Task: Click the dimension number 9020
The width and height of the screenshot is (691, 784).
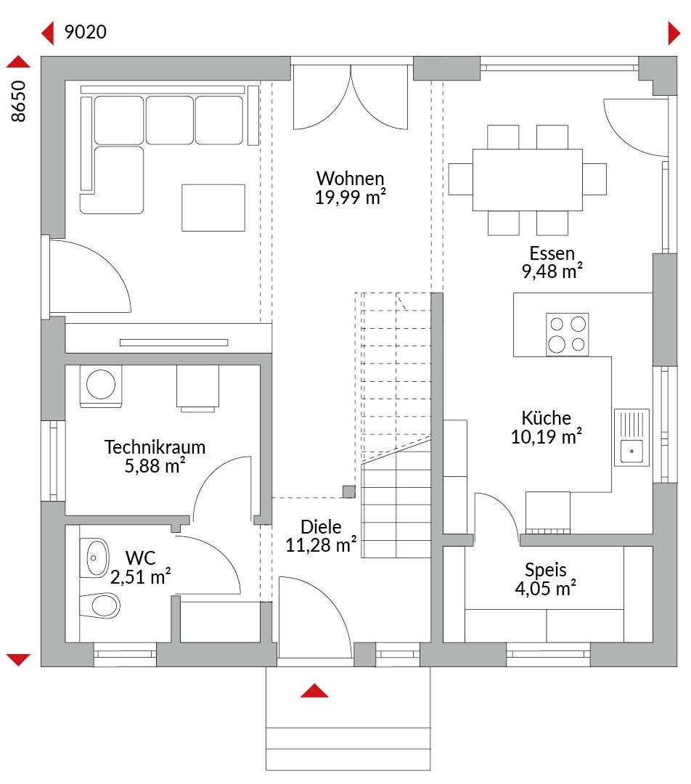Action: pyautogui.click(x=86, y=32)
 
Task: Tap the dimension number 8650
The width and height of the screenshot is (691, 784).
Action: pyautogui.click(x=18, y=101)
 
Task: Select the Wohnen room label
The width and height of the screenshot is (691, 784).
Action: pyautogui.click(x=350, y=178)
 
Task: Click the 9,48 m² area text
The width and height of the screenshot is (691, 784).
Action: pyautogui.click(x=552, y=271)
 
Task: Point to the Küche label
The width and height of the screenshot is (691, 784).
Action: pyautogui.click(x=546, y=417)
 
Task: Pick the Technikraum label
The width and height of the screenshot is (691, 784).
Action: pyautogui.click(x=155, y=447)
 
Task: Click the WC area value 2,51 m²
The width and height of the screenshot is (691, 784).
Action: pyautogui.click(x=141, y=576)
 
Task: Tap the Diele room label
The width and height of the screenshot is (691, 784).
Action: pyautogui.click(x=321, y=526)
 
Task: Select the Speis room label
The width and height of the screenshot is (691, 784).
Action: pyautogui.click(x=546, y=570)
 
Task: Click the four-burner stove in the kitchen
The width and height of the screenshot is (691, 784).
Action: pyautogui.click(x=567, y=335)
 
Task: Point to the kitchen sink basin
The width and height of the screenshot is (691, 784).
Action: pyautogui.click(x=631, y=452)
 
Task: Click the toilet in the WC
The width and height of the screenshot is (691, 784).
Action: pyautogui.click(x=100, y=605)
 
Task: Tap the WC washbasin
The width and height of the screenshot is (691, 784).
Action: pyautogui.click(x=94, y=558)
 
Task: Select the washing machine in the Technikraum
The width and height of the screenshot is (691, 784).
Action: pyautogui.click(x=100, y=385)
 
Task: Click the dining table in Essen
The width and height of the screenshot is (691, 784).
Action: pyautogui.click(x=527, y=180)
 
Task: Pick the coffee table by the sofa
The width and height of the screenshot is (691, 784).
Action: pyautogui.click(x=213, y=208)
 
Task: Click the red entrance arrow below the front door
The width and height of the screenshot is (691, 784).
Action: pyautogui.click(x=314, y=690)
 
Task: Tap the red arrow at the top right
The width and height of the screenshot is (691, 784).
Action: pyautogui.click(x=674, y=33)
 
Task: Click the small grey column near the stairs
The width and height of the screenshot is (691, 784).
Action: pyautogui.click(x=349, y=491)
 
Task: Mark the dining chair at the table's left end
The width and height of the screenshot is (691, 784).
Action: pyautogui.click(x=460, y=179)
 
